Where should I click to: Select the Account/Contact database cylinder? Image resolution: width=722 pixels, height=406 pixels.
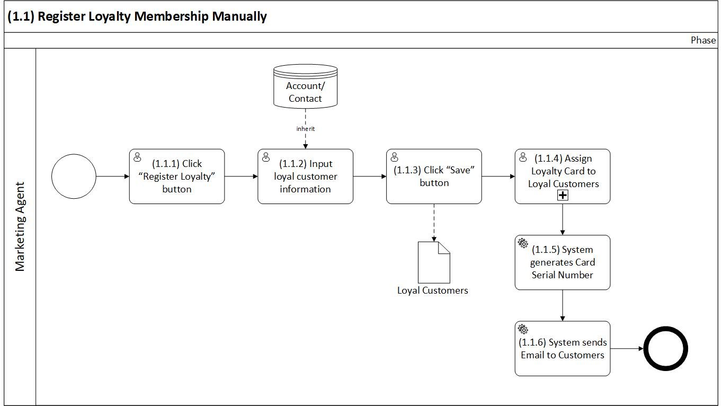pos(305,86)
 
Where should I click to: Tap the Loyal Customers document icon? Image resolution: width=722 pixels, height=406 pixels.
pos(434,262)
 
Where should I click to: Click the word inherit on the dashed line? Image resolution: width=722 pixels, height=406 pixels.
pos(305,129)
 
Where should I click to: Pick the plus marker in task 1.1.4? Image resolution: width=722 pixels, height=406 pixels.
pos(563,195)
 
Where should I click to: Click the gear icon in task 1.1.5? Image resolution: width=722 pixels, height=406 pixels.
pos(523,243)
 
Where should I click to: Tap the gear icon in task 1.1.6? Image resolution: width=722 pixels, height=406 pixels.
pos(523,329)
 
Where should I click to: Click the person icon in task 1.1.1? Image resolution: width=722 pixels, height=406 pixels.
pos(137,157)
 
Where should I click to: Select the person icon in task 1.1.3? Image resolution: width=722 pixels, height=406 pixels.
pos(394,157)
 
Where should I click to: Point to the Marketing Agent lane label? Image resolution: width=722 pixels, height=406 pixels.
pos(20,227)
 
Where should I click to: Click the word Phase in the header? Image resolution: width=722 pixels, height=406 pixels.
pos(703,40)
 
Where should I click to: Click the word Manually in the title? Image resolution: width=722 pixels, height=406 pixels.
pos(239,16)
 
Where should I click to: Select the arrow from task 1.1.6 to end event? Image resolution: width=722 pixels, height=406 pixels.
pos(627,349)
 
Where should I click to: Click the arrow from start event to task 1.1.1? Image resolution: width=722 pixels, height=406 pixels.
pos(112,176)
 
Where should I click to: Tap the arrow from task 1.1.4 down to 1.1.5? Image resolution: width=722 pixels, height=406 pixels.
pos(563,219)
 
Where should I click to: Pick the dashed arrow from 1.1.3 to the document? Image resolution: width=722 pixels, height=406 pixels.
pos(434,223)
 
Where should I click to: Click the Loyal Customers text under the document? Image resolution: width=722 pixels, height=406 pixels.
pos(433,290)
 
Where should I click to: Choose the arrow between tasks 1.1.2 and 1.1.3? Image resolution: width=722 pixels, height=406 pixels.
pos(370,176)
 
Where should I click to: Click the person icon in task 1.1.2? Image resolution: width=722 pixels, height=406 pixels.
pos(266,157)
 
